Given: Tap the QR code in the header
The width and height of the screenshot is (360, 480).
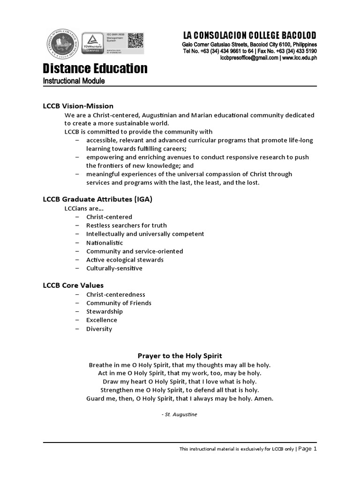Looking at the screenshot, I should [x=135, y=40].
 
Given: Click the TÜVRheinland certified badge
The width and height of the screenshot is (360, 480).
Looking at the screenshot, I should [x=93, y=45].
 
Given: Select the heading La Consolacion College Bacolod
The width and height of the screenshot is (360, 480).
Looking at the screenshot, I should [x=249, y=36].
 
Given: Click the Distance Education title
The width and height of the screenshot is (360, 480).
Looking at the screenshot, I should [x=95, y=68].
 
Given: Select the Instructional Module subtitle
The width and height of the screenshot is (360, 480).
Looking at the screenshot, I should [x=74, y=81].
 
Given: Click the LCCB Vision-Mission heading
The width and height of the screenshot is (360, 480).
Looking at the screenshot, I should [x=78, y=106].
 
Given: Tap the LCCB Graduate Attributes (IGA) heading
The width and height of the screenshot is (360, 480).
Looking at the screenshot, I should [x=97, y=199].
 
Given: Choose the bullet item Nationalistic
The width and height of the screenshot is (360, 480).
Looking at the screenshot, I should [x=105, y=243].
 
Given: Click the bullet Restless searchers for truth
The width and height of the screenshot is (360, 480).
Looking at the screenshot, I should [x=126, y=225].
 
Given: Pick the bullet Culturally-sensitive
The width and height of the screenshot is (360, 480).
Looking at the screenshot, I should [x=114, y=269].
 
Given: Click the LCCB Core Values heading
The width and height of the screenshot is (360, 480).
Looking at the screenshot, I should [x=73, y=285].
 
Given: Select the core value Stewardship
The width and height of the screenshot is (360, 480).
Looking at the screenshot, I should [x=104, y=312].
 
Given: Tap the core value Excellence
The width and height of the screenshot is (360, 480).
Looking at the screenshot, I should [x=102, y=320].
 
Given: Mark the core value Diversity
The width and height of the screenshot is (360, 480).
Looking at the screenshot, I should [x=99, y=329].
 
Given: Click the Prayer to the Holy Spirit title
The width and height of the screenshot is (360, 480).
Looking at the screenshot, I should [x=180, y=356].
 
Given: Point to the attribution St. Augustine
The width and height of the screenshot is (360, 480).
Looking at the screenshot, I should [x=180, y=415].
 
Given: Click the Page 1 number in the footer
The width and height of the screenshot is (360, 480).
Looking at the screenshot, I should [x=308, y=449].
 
